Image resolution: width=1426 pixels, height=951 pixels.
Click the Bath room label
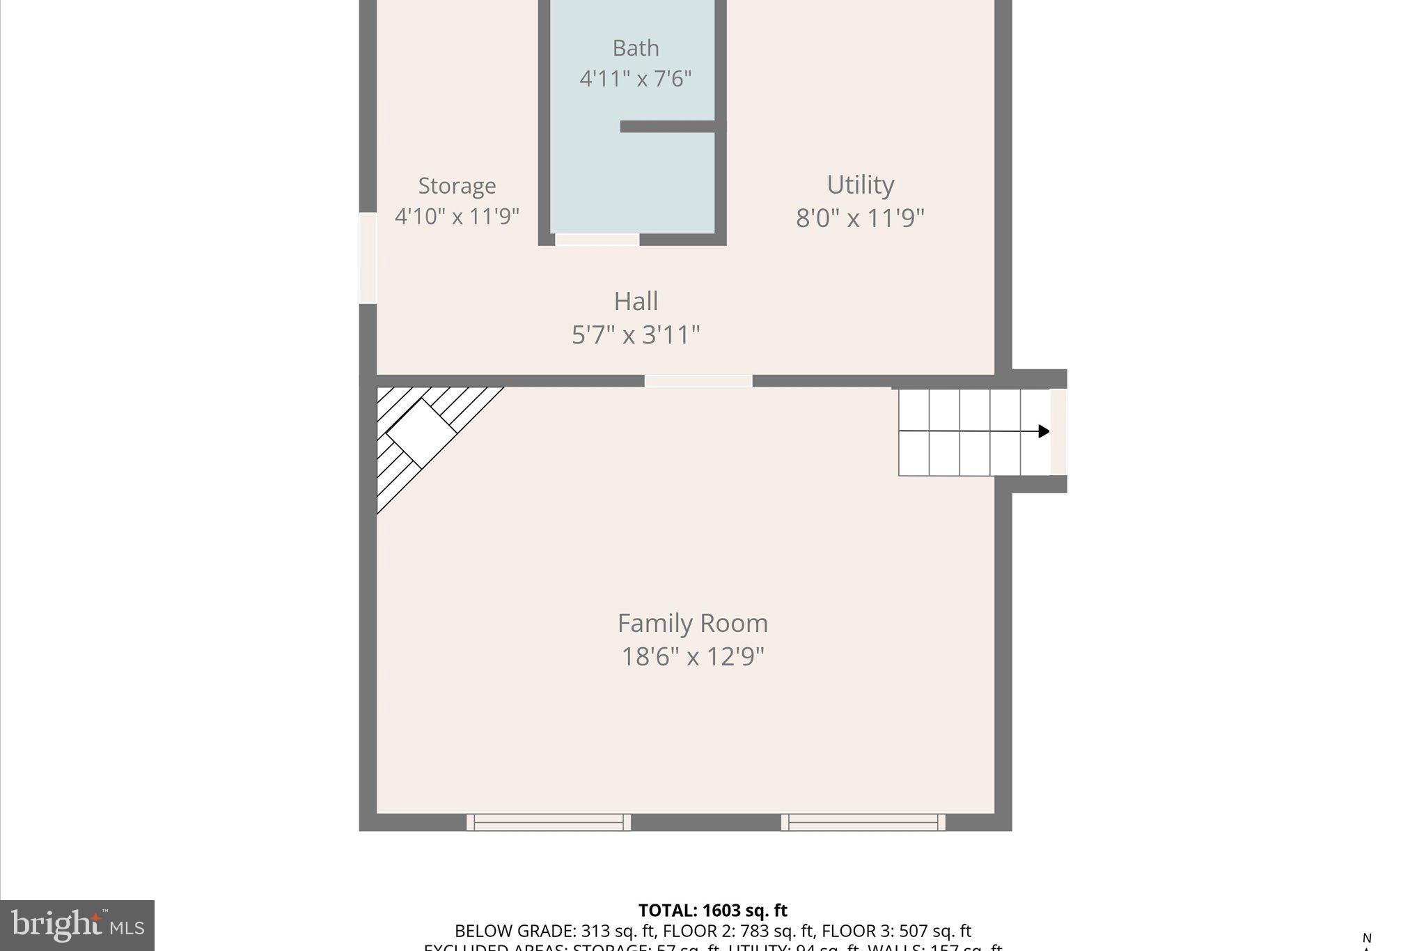[x=635, y=48]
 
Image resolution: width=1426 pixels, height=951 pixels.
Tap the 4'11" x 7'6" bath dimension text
[x=635, y=79]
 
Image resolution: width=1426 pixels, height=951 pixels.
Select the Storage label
[x=457, y=186]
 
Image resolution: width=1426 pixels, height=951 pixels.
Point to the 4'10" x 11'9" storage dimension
[x=457, y=217]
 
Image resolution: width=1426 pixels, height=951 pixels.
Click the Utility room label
[x=860, y=185]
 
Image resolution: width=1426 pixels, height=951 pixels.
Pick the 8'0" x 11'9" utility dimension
[x=860, y=218]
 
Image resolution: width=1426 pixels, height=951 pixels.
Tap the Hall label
[x=635, y=302]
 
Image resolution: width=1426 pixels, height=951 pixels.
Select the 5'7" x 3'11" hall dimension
[x=635, y=335]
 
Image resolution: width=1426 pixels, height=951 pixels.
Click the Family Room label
[x=692, y=623]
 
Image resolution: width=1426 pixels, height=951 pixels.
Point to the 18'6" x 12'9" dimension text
[x=692, y=656]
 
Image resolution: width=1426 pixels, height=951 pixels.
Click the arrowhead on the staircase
[x=1043, y=431]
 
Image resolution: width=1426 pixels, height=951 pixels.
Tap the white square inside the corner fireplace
[x=421, y=433]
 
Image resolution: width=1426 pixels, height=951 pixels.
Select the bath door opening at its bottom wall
[x=597, y=240]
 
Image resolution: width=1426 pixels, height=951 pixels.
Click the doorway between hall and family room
[x=698, y=380]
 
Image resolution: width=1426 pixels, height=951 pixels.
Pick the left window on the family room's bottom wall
[x=549, y=823]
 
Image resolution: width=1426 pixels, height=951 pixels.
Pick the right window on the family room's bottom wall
[x=863, y=823]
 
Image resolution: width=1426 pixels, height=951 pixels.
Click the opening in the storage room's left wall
[x=368, y=258]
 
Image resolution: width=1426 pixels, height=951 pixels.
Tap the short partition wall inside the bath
[x=668, y=126]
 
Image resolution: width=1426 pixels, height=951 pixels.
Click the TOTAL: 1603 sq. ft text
[x=712, y=911]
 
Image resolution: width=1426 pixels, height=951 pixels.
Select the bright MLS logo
[x=77, y=925]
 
